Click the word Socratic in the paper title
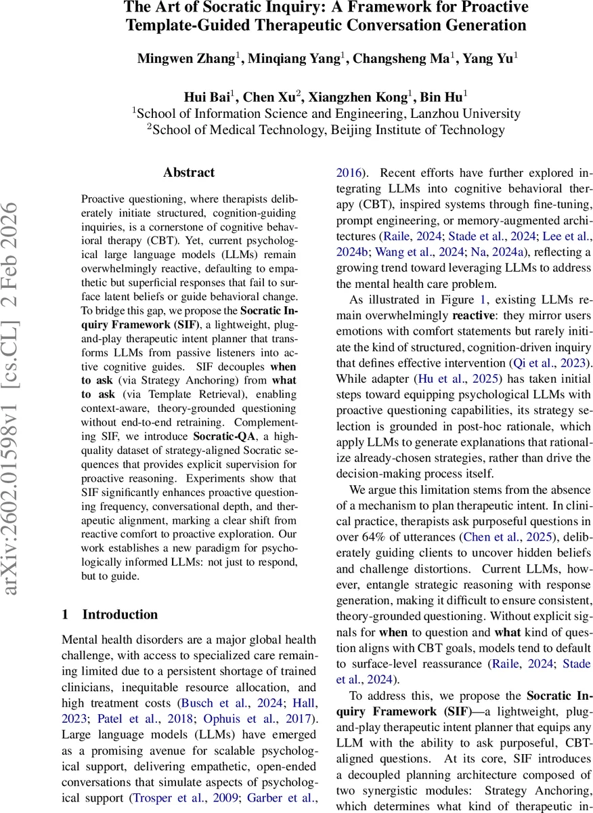(219, 8)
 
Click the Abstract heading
(189, 173)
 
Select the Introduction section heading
(120, 614)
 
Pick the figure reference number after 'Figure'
(483, 299)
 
